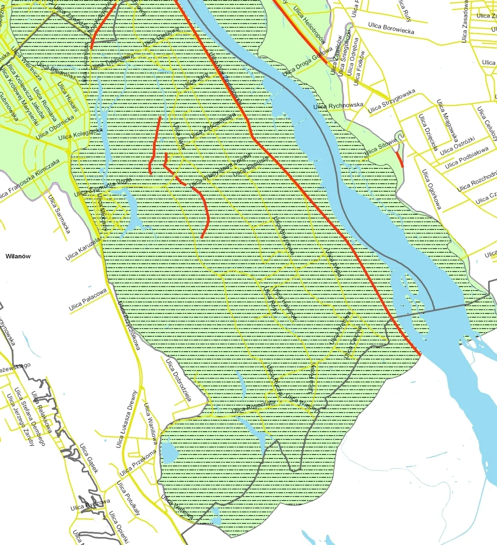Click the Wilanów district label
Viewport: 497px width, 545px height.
point(18,256)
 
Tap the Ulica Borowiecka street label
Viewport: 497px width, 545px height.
point(391,29)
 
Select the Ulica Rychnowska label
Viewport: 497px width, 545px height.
point(338,105)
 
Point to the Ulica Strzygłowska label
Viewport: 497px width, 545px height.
point(391,101)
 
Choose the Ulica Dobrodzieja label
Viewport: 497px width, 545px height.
point(178,380)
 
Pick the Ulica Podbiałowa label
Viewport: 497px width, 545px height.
point(466,158)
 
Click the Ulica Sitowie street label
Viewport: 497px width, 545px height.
point(380,147)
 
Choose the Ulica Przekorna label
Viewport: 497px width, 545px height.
point(138,463)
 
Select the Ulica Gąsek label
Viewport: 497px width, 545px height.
point(89,458)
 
